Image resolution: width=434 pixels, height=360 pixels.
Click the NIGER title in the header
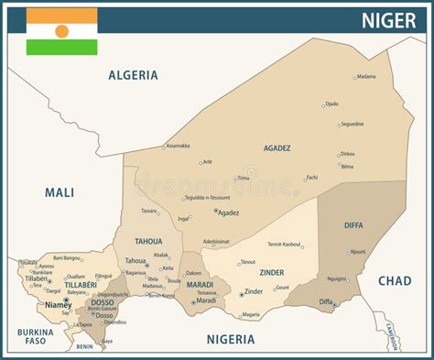pos(388,19)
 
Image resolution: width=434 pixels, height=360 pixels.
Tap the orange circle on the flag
pos(61,31)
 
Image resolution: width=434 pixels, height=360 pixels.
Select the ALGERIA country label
pos(133,75)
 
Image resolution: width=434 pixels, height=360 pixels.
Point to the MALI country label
pos(60,191)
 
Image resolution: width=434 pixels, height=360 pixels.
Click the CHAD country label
pos(395,280)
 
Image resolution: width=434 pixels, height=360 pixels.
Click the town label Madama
pos(365,77)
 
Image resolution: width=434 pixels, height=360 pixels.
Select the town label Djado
pos(331,104)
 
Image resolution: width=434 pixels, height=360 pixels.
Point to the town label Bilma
pos(346,167)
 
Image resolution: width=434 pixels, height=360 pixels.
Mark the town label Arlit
pos(207,162)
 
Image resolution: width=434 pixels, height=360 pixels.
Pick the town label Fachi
pos(311,178)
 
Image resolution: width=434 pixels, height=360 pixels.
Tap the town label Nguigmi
pos(337,279)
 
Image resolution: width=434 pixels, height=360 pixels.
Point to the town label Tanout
pos(247,262)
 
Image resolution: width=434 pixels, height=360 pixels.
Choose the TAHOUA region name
pos(148,242)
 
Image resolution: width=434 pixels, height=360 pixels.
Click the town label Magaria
pos(249,315)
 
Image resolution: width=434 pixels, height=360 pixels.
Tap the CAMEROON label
pos(391,336)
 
